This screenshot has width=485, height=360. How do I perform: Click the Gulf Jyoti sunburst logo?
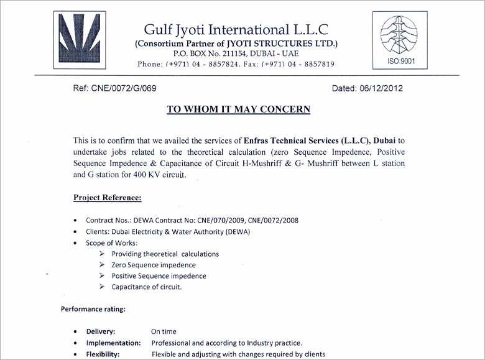tap(79, 38)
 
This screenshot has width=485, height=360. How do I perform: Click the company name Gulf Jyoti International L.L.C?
tap(236, 29)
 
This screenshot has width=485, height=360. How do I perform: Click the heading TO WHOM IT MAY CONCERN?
tap(238, 109)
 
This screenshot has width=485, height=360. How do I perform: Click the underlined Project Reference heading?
tap(107, 198)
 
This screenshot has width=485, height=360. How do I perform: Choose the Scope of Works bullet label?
tap(112, 242)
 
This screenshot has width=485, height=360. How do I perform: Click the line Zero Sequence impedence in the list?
tap(154, 265)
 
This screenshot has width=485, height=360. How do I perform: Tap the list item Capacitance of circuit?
tap(147, 287)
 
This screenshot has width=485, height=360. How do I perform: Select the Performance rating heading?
tap(93, 309)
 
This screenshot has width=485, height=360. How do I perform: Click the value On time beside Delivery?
tap(164, 332)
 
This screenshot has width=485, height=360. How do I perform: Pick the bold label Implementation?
tap(114, 343)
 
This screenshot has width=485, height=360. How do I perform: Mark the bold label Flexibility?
tap(103, 354)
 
